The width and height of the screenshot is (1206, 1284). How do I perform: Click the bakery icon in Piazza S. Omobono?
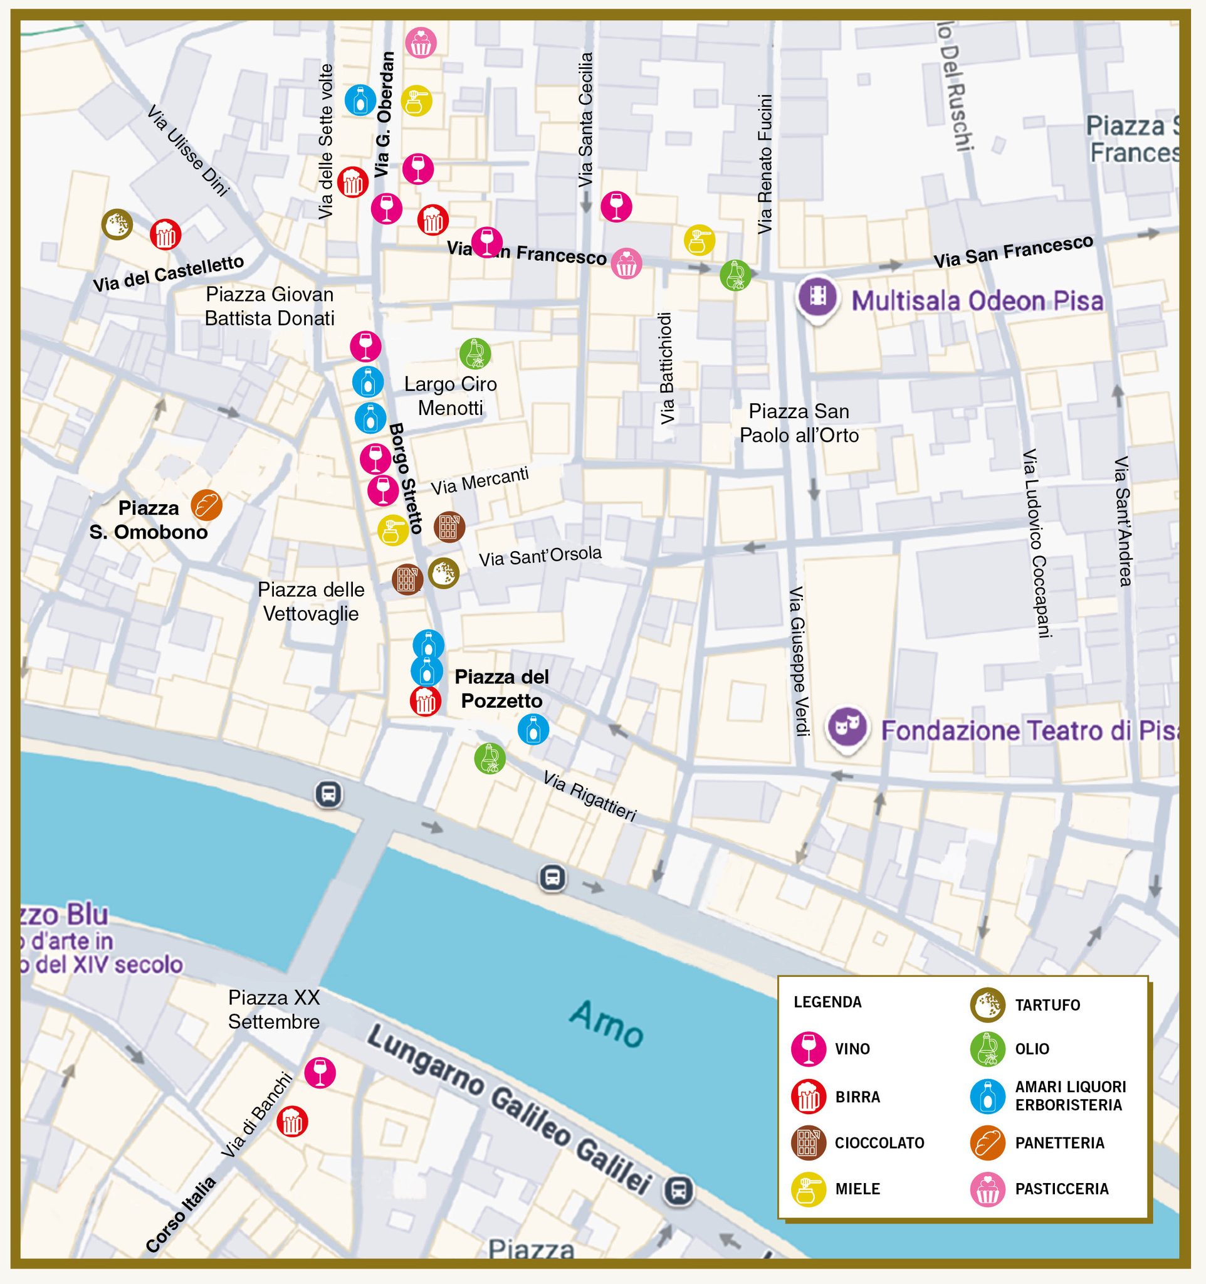pos(207,505)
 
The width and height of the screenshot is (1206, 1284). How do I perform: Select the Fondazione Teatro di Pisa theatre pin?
pos(847,728)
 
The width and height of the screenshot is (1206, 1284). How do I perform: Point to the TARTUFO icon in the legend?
pos(987,1005)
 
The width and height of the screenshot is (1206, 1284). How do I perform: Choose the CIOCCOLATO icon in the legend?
pos(809,1142)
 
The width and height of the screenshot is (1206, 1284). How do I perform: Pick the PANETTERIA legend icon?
pos(987,1142)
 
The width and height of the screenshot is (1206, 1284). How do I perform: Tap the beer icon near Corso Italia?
pos(292,1122)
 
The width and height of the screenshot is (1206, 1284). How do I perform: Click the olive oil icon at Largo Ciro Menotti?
pos(475,354)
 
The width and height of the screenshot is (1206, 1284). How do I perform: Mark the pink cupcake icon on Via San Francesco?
pos(626,263)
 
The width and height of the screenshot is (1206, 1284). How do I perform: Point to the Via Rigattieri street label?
pos(589,796)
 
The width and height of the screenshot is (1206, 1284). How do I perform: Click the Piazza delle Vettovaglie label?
pos(310,601)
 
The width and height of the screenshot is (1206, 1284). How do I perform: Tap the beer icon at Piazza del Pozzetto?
pos(426,701)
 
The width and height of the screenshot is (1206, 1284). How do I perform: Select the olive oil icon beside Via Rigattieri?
pos(490,758)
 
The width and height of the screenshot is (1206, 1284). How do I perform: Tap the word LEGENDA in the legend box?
pos(827,1002)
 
